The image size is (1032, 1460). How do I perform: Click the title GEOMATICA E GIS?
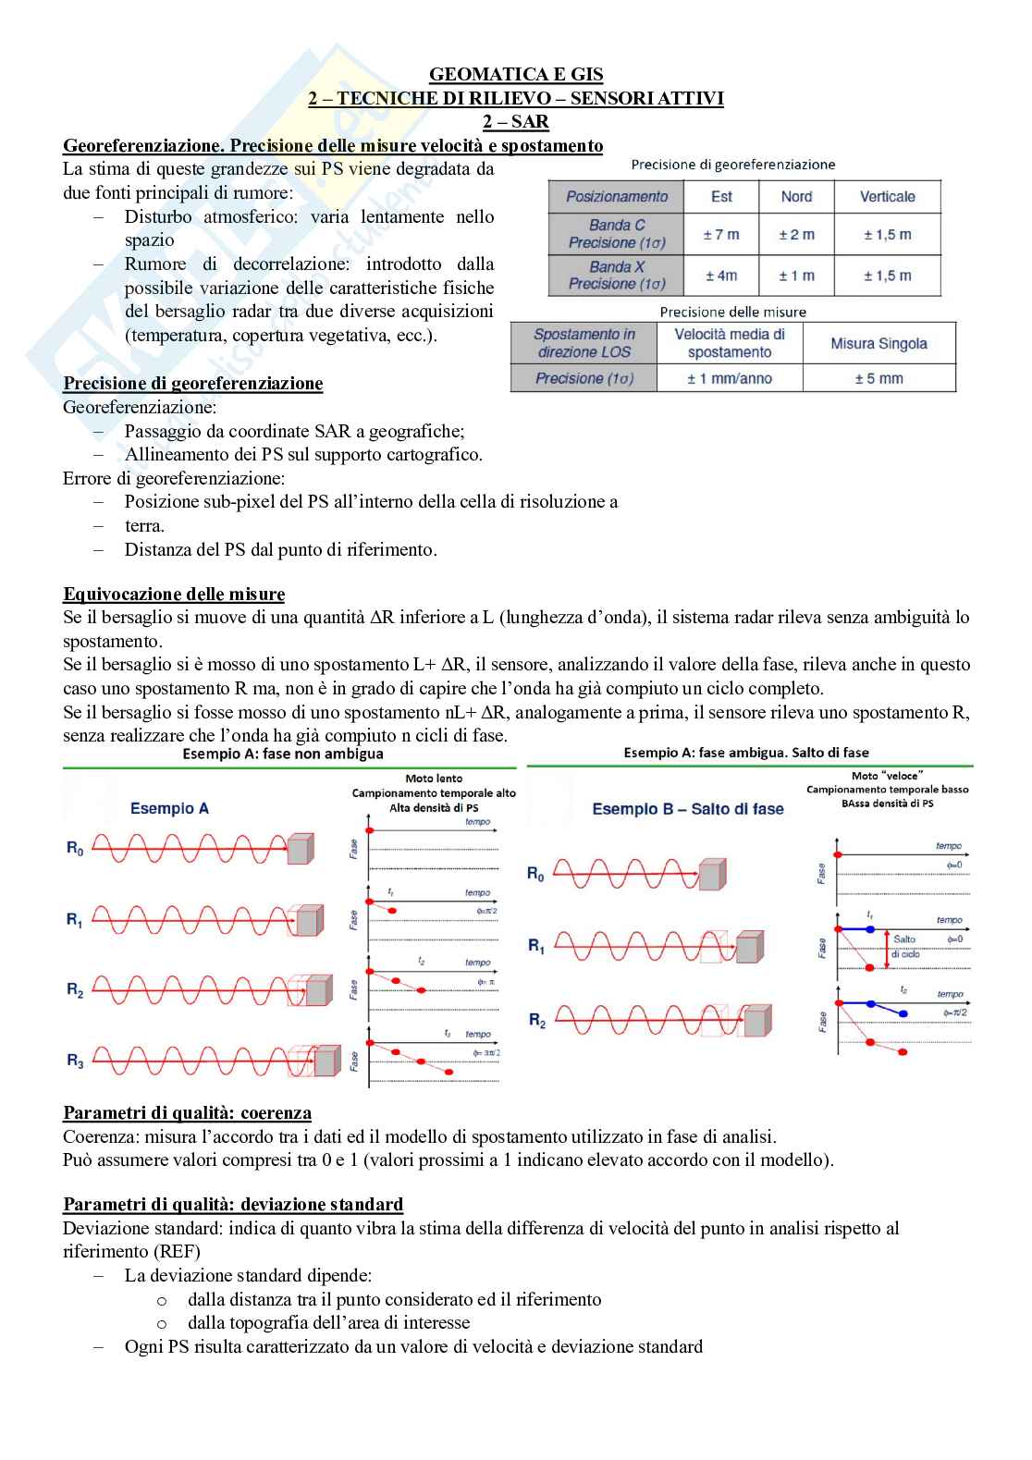[516, 75]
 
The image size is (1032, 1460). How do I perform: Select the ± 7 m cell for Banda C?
[721, 235]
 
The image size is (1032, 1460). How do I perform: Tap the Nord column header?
[796, 197]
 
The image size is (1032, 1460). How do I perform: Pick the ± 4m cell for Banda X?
[721, 276]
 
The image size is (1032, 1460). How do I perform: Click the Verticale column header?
[887, 197]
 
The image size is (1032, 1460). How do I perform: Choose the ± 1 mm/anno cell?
[730, 378]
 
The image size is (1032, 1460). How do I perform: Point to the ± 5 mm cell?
[878, 378]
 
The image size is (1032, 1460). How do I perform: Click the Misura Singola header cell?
[878, 344]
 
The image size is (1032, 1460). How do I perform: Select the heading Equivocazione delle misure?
[174, 595]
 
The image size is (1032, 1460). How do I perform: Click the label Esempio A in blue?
[169, 808]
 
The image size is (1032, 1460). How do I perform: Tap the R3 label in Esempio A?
[75, 1061]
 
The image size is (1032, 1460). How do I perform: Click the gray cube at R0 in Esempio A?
[300, 849]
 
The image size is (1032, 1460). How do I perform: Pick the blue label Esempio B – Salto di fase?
[687, 809]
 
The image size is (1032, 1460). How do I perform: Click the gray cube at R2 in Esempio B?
[756, 1022]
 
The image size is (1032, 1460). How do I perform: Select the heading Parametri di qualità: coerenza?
[187, 1113]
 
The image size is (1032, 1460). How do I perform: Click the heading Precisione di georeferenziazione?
[192, 384]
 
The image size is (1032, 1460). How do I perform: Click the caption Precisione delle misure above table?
[732, 313]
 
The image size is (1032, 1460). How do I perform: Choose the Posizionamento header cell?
[616, 197]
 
